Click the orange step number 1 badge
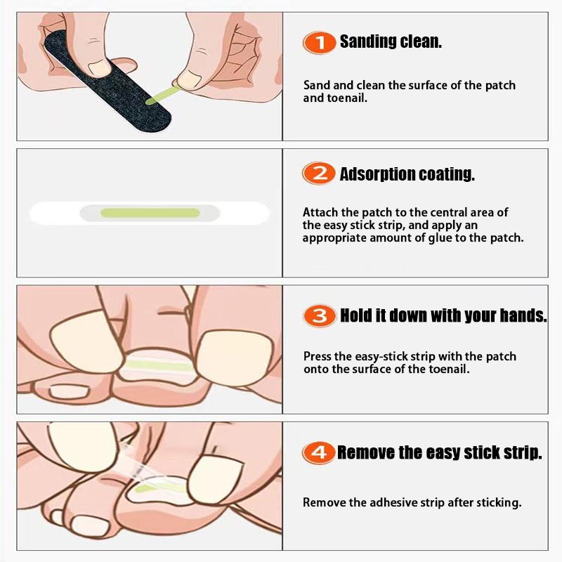320,43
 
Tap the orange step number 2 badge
319,174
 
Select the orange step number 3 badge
320,315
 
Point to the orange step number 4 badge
319,452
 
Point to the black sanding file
107,81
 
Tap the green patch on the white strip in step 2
150,213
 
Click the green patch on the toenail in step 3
157,365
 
